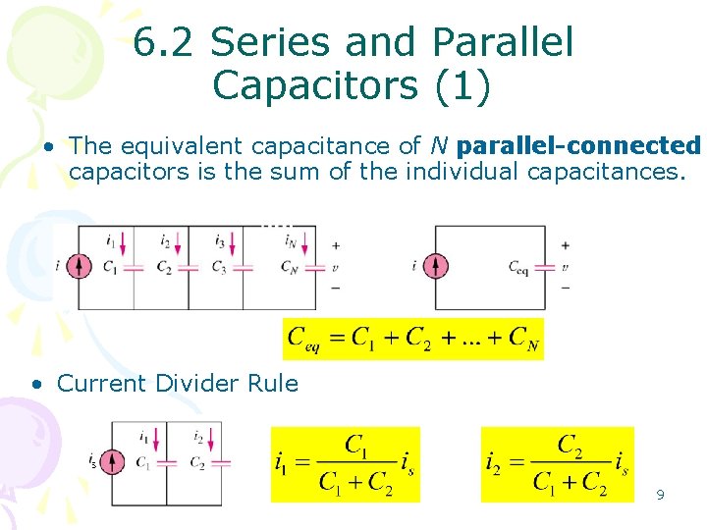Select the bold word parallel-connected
pos(579,146)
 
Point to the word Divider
pos(201,383)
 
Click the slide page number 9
pos(660,495)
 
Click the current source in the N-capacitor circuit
pos(82,266)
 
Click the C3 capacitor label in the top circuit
pos(219,268)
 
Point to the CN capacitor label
pos(288,266)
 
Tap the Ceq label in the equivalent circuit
pos(519,266)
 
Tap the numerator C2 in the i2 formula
pos(568,446)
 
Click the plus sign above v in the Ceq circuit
pos(565,244)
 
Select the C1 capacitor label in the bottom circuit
pos(143,462)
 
